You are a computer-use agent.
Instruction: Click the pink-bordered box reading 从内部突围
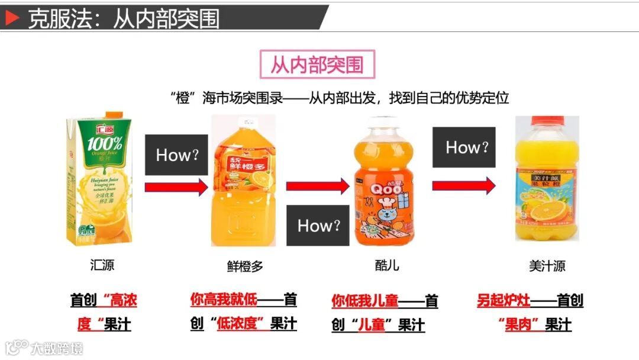pyautogui.click(x=318, y=64)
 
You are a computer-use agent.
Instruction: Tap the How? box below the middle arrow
pyautogui.click(x=318, y=225)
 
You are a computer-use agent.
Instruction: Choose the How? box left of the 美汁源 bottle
pyautogui.click(x=464, y=147)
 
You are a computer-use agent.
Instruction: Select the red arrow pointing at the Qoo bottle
pyautogui.click(x=318, y=186)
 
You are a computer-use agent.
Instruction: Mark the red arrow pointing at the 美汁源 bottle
pyautogui.click(x=464, y=185)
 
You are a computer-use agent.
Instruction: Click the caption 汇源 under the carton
pyautogui.click(x=102, y=265)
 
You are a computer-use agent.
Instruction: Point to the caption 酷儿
pyautogui.click(x=387, y=265)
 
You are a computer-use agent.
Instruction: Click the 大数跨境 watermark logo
pyautogui.click(x=44, y=347)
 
